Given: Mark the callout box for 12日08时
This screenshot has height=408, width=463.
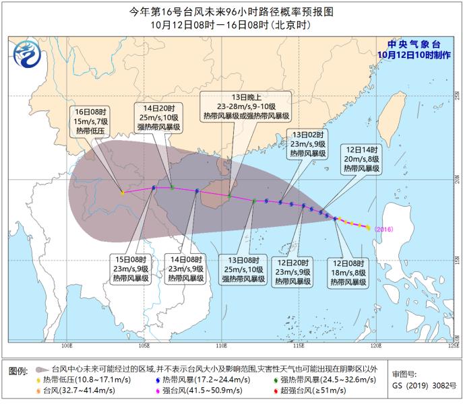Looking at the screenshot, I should point(348,272).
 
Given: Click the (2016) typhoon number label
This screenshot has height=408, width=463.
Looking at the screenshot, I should point(383,229).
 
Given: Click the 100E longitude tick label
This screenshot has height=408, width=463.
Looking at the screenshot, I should point(67,347).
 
